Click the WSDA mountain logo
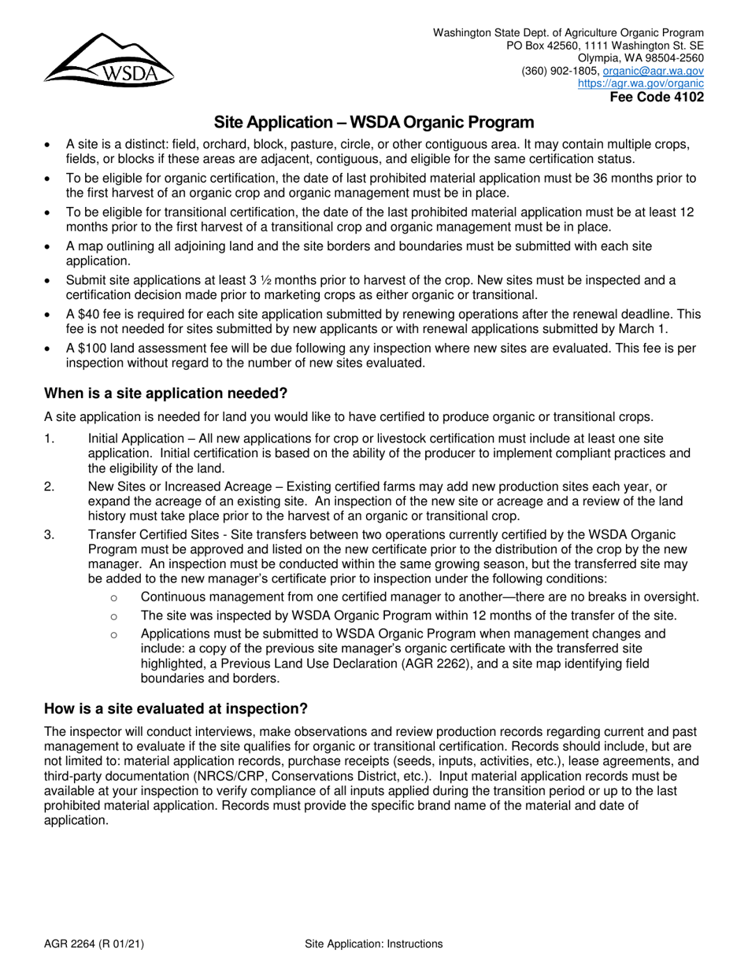[108, 60]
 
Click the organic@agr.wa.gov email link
[653, 70]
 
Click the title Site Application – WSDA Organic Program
[374, 123]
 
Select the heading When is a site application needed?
[165, 393]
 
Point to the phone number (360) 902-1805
[559, 70]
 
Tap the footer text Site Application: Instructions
[373, 944]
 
